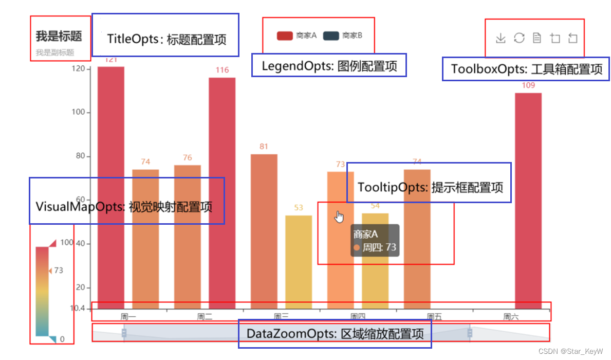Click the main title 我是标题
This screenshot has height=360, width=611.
[x=59, y=36]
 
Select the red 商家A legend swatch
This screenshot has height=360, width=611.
[x=285, y=35]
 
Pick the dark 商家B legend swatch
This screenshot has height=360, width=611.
[x=331, y=35]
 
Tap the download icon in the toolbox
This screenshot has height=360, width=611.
[x=501, y=38]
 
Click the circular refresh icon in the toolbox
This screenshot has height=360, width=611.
[x=519, y=38]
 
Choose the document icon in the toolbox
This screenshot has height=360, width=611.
[x=537, y=38]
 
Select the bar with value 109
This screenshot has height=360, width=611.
[x=528, y=201]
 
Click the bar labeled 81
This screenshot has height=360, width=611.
[x=264, y=231]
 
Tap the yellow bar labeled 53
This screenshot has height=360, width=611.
[x=299, y=262]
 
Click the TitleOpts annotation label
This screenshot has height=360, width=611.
[x=166, y=39]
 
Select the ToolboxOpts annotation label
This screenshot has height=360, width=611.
[x=526, y=69]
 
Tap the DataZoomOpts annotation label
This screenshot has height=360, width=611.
[x=335, y=334]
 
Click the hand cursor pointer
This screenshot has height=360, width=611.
[x=339, y=218]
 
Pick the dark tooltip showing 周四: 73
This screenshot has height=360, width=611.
[x=375, y=241]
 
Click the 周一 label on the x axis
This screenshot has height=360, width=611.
[x=128, y=317]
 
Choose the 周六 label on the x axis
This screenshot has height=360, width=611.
[x=511, y=317]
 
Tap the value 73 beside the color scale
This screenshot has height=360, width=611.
[x=59, y=270]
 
